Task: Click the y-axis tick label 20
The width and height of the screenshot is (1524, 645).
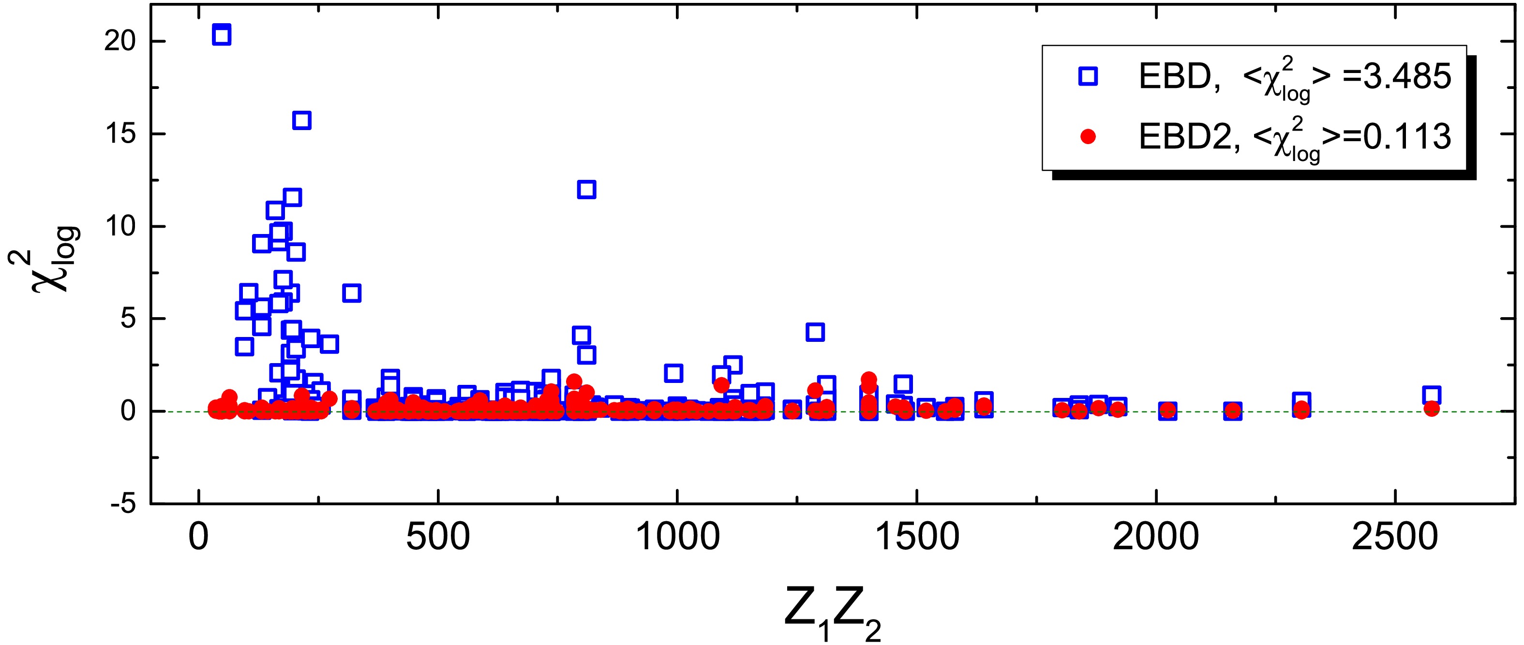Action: [x=121, y=42]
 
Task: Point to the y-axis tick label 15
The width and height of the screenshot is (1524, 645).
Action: [x=121, y=134]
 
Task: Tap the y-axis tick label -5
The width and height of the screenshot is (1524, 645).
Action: [x=123, y=504]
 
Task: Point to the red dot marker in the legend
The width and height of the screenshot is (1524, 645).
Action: [x=1088, y=136]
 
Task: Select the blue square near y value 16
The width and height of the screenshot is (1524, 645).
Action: [x=302, y=120]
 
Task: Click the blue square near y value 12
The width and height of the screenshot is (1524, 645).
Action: [x=586, y=189]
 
